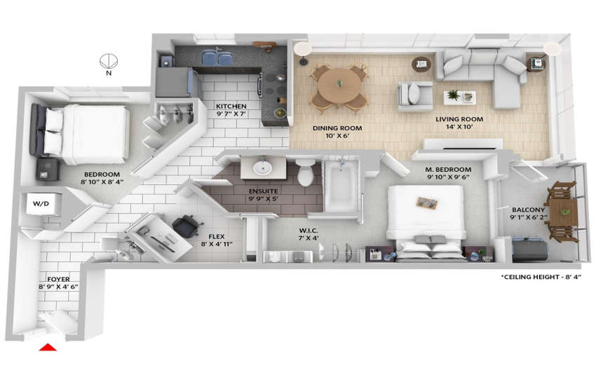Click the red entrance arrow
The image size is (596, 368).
click(x=48, y=347)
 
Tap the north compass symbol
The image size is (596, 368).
click(x=109, y=61)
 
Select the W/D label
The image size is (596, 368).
click(x=41, y=203)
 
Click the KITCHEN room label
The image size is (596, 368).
click(x=231, y=106)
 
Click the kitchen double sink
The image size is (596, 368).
click(x=217, y=58)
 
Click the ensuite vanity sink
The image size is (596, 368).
click(x=263, y=168)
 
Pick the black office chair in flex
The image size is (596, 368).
click(x=186, y=225)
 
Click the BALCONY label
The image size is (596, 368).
click(x=528, y=210)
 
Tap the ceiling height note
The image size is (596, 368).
click(x=541, y=277)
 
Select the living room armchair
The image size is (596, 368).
click(x=414, y=96)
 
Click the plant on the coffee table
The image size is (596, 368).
click(x=453, y=95)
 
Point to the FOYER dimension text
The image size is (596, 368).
click(x=58, y=287)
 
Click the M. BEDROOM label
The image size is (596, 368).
click(x=448, y=169)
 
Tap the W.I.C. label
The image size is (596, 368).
click(x=309, y=231)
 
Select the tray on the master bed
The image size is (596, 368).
click(x=427, y=203)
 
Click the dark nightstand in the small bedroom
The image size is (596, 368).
click(x=48, y=169)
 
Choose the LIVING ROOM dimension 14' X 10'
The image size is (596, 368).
click(x=459, y=127)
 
